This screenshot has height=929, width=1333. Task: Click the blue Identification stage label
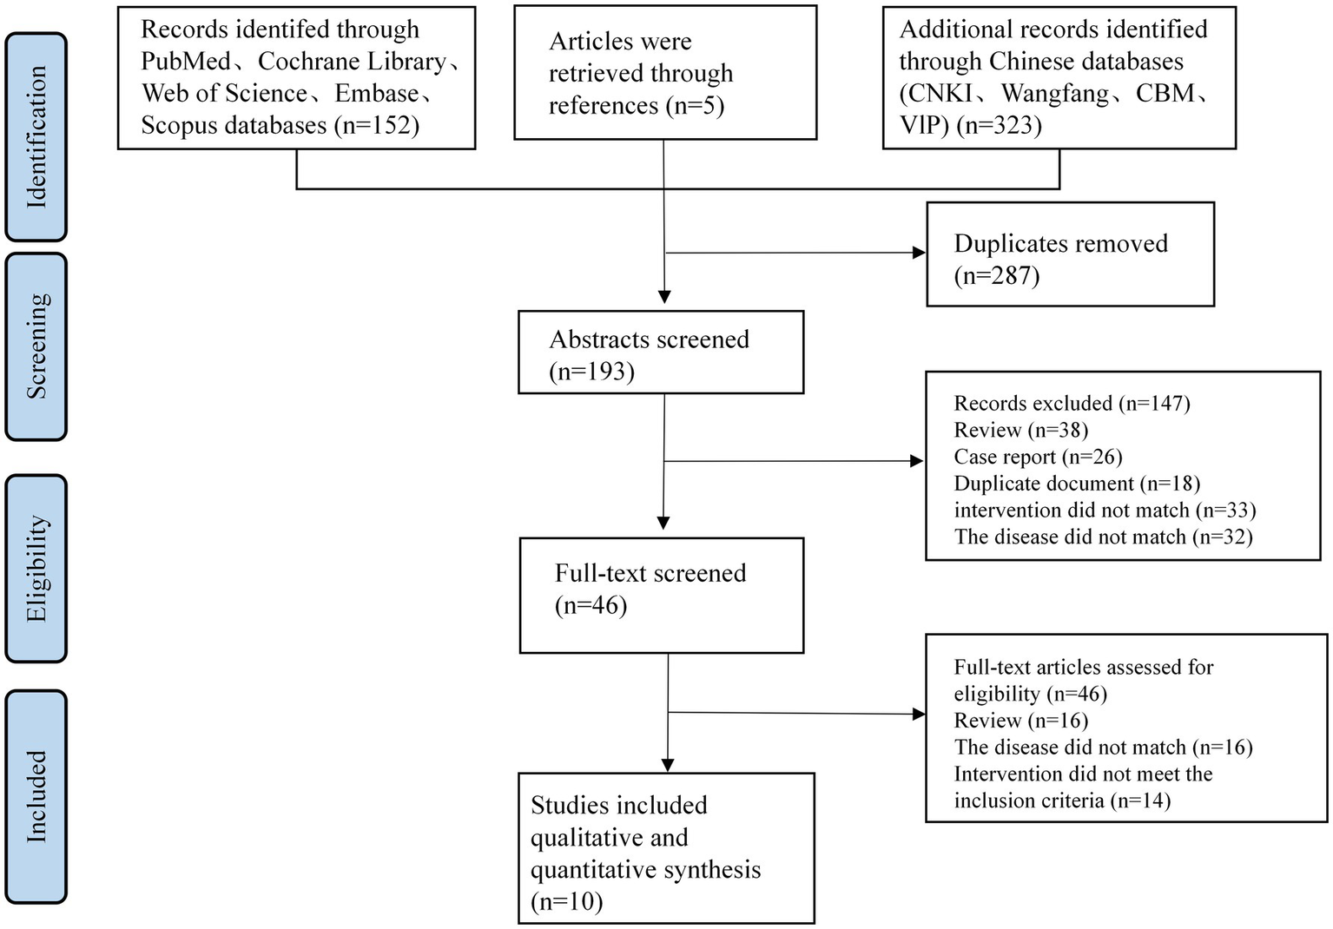pyautogui.click(x=36, y=137)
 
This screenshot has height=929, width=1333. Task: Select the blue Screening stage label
pyautogui.click(x=36, y=346)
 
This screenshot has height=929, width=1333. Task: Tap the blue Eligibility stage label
pyautogui.click(x=36, y=569)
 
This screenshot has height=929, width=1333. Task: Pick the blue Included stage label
pyautogui.click(x=36, y=796)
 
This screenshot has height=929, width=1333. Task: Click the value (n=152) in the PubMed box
pyautogui.click(x=376, y=126)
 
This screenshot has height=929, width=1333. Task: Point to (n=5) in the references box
pyautogui.click(x=695, y=106)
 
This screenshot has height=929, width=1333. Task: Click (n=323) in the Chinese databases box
pyautogui.click(x=999, y=126)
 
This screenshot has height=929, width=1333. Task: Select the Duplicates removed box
pyautogui.click(x=1069, y=254)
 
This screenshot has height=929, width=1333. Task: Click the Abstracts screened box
pyautogui.click(x=660, y=352)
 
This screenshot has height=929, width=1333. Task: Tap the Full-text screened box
pyautogui.click(x=661, y=595)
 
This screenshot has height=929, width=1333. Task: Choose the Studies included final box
pyautogui.click(x=666, y=847)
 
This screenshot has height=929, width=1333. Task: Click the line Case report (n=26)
pyautogui.click(x=1038, y=457)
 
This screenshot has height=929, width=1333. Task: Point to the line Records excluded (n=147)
pyautogui.click(x=1072, y=404)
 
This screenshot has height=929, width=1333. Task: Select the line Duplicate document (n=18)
pyautogui.click(x=1076, y=484)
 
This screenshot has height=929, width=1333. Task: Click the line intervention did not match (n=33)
pyautogui.click(x=1105, y=511)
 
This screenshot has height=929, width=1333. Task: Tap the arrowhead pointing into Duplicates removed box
pyautogui.click(x=920, y=253)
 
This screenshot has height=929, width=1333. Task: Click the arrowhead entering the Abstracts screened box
pyautogui.click(x=664, y=297)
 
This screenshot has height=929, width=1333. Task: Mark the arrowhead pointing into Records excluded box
pyautogui.click(x=917, y=461)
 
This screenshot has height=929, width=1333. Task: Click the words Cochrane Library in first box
pyautogui.click(x=352, y=62)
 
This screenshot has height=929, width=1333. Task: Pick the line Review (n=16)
pyautogui.click(x=1020, y=721)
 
